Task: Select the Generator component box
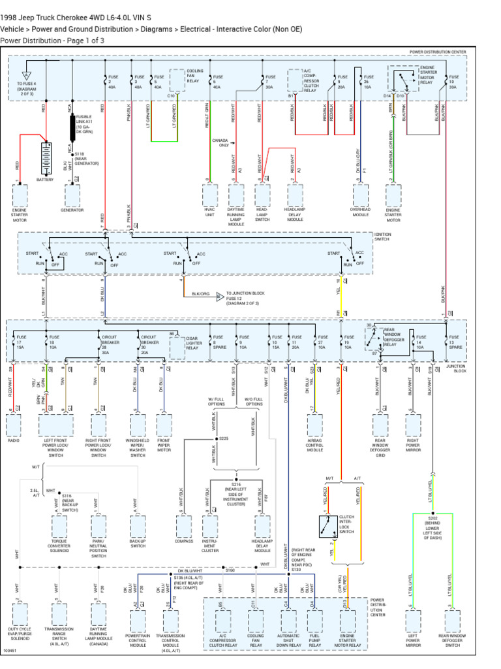(x=72, y=195)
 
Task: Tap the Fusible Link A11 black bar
(x=72, y=129)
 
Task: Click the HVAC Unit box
(x=210, y=195)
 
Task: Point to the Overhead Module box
(x=361, y=195)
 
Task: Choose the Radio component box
(x=14, y=425)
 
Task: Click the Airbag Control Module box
(x=315, y=425)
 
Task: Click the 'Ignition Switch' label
(x=383, y=237)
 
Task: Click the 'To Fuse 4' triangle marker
(x=27, y=76)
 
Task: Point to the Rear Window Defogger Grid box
(x=380, y=425)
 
